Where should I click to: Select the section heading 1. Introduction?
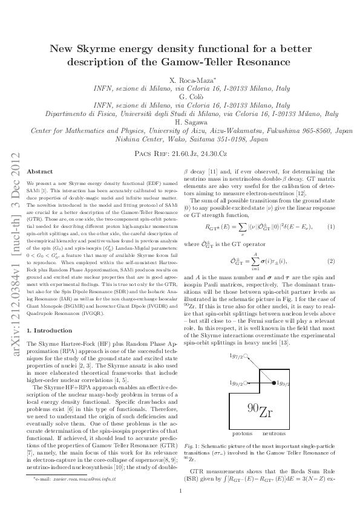[50, 331]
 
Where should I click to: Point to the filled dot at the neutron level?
[273, 383]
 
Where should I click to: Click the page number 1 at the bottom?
[180, 491]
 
